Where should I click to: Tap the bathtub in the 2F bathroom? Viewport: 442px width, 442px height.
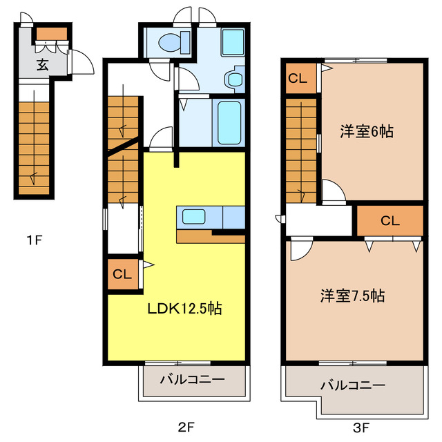(x=229, y=122)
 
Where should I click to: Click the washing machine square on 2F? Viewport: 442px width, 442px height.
(x=233, y=43)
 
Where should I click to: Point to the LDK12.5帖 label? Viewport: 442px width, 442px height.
(x=184, y=309)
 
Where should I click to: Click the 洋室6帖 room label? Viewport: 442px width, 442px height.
(x=367, y=131)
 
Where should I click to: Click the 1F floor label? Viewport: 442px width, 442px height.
(x=35, y=241)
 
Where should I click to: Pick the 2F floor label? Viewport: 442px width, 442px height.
(x=184, y=427)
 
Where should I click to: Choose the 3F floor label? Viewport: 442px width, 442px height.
(x=361, y=427)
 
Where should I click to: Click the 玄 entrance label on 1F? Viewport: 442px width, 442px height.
(x=43, y=66)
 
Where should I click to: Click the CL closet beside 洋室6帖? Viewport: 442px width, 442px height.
(x=298, y=78)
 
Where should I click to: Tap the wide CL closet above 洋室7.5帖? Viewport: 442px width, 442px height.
(x=390, y=221)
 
